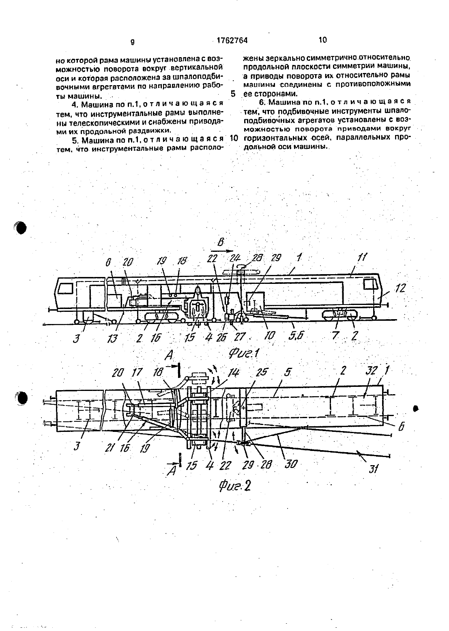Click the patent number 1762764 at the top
point(232,41)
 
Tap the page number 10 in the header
point(322,40)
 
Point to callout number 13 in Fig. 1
point(112,338)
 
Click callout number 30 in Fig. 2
point(290,464)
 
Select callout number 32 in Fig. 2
point(371,371)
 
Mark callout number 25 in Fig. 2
point(262,371)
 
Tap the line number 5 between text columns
point(233,94)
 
